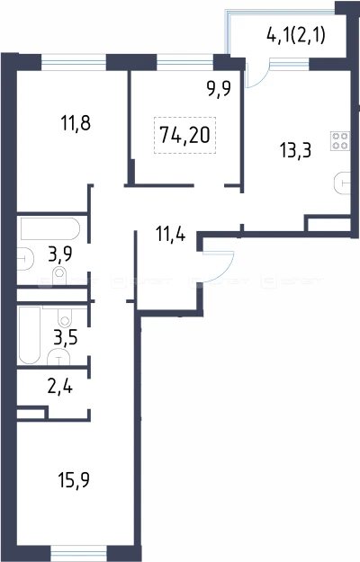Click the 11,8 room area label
tap(76, 123)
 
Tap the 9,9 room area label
tap(219, 88)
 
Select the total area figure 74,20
tap(184, 135)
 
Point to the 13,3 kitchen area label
tap(296, 150)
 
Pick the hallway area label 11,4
tap(171, 235)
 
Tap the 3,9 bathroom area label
tap(60, 254)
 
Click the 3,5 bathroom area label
tap(66, 337)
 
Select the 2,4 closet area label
tap(60, 387)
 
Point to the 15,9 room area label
tap(74, 480)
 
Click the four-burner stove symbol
tap(340, 141)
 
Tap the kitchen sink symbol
tap(342, 183)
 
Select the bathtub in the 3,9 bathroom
tap(49, 228)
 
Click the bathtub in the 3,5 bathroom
tap(30, 335)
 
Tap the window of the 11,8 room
tap(74, 62)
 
